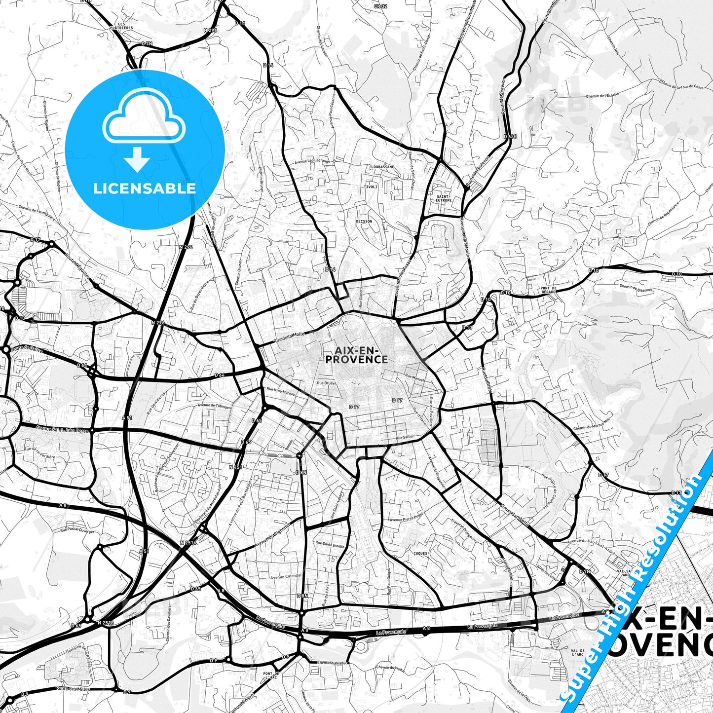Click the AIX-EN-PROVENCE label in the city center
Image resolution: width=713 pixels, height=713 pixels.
(x=356, y=354)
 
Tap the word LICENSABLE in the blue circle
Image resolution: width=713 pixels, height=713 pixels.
(x=145, y=188)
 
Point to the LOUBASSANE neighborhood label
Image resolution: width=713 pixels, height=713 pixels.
(x=382, y=167)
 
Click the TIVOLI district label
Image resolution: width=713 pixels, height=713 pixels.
(x=370, y=187)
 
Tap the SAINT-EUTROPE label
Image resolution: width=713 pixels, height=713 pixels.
(x=444, y=198)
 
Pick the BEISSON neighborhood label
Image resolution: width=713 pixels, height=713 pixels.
(x=364, y=221)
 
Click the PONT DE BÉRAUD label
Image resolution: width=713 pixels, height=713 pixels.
(x=548, y=290)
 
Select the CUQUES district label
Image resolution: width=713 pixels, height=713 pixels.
(x=420, y=553)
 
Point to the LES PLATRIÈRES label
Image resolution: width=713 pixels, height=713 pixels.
(x=122, y=26)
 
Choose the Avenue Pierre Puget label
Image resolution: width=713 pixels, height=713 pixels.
(x=407, y=519)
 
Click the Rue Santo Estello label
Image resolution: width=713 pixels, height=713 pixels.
(x=330, y=546)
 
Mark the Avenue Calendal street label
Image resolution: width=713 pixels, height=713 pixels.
(x=286, y=576)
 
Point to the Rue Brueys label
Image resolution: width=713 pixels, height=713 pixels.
(x=327, y=382)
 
